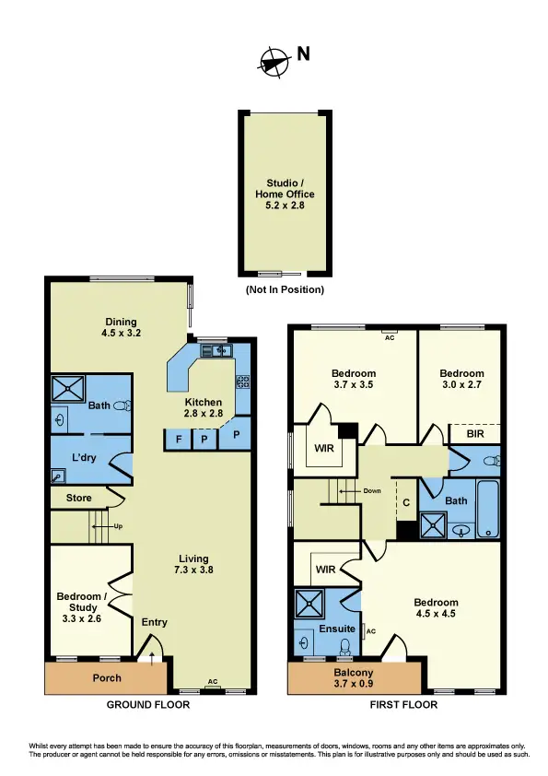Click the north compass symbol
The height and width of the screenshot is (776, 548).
point(274,60)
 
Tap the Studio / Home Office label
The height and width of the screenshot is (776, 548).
point(285,194)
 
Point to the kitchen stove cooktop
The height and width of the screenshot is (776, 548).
point(243,381)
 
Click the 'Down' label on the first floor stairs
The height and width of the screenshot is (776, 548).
point(371,491)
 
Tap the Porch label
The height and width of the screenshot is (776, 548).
point(106,678)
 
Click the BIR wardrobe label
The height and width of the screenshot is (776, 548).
point(473,433)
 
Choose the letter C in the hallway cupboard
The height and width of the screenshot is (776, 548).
point(405,503)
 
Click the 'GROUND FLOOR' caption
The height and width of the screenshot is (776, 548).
point(148,705)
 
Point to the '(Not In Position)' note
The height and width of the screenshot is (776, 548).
point(285,289)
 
